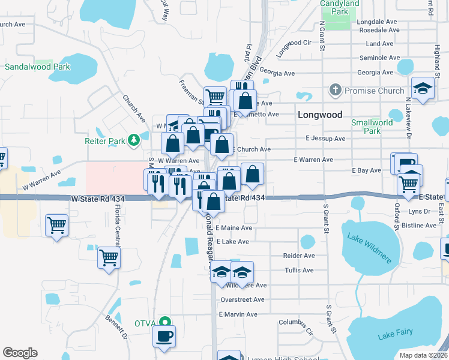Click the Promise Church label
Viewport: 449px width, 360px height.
[366, 91]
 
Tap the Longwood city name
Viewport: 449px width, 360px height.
[320, 115]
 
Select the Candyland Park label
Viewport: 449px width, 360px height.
[340, 7]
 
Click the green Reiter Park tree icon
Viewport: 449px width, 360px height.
[134, 141]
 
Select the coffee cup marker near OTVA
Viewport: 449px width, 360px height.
[163, 336]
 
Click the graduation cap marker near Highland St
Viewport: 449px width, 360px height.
[423, 88]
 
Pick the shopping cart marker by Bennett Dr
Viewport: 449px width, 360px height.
[109, 258]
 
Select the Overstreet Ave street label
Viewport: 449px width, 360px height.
[243, 299]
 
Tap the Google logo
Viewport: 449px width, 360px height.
[20, 353]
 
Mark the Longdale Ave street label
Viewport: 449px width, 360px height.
[378, 22]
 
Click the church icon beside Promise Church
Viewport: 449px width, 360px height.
[335, 91]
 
